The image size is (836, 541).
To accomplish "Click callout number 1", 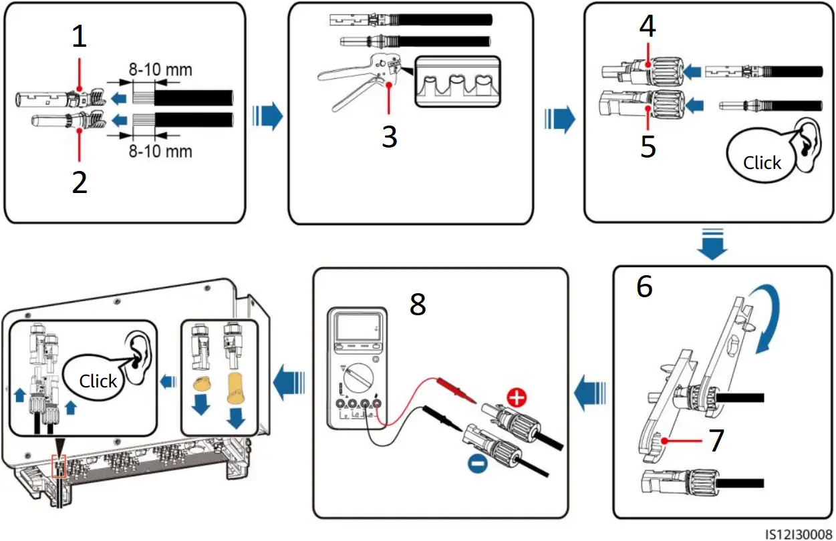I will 80,37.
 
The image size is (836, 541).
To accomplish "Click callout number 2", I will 80,182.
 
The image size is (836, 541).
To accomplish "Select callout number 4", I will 648,26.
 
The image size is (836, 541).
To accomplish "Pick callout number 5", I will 648,146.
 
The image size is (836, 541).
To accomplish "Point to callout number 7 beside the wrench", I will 716,441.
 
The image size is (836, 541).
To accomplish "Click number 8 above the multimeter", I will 418,305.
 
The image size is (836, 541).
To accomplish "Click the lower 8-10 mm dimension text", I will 160,151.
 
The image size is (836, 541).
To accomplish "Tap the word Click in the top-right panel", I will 762,162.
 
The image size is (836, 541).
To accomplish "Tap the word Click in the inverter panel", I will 98,381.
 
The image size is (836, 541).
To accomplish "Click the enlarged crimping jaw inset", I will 457,81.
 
